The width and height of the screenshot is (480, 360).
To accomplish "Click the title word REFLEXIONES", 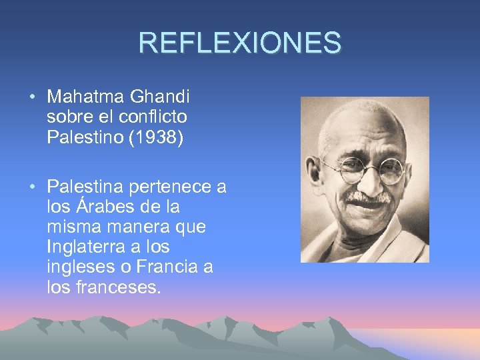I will (239, 43).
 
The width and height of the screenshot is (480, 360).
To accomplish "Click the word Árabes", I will (102, 207).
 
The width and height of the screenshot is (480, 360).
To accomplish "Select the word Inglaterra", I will (81, 247).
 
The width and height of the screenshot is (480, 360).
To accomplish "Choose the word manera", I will (131, 227).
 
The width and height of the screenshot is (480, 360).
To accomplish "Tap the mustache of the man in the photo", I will (369, 198).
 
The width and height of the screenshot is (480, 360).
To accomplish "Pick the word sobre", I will (68, 117).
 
